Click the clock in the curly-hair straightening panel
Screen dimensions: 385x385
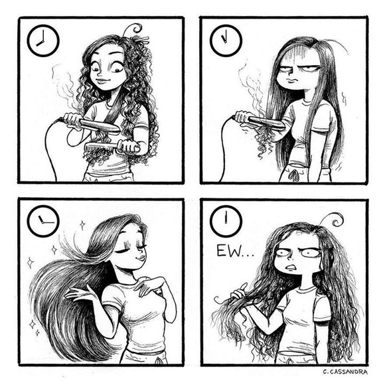[x=43, y=40]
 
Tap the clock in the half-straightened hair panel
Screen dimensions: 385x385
[x=226, y=40]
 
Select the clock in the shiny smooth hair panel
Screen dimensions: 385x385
[x=43, y=221]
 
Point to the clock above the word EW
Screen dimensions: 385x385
[x=226, y=221]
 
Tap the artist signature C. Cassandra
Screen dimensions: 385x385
[x=345, y=372]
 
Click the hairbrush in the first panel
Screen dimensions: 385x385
[x=112, y=147]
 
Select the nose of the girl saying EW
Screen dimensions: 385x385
[x=289, y=258]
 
